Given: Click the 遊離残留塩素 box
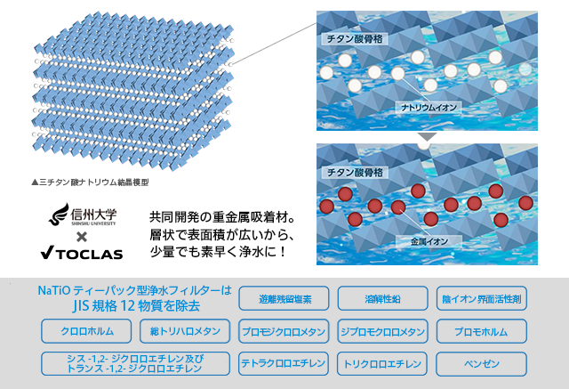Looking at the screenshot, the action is click(284, 299).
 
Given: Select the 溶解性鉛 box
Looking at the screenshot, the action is click(382, 299).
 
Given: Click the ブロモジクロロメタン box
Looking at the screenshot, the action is click(284, 331).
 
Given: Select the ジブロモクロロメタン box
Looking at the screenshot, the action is click(382, 331).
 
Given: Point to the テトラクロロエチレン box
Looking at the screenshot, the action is click(284, 363).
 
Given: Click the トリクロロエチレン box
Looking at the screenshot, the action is click(382, 363).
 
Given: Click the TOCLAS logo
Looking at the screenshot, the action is click(82, 255).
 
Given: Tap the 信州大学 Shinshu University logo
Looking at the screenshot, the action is click(81, 215).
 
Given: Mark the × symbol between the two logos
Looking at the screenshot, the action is click(81, 236).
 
